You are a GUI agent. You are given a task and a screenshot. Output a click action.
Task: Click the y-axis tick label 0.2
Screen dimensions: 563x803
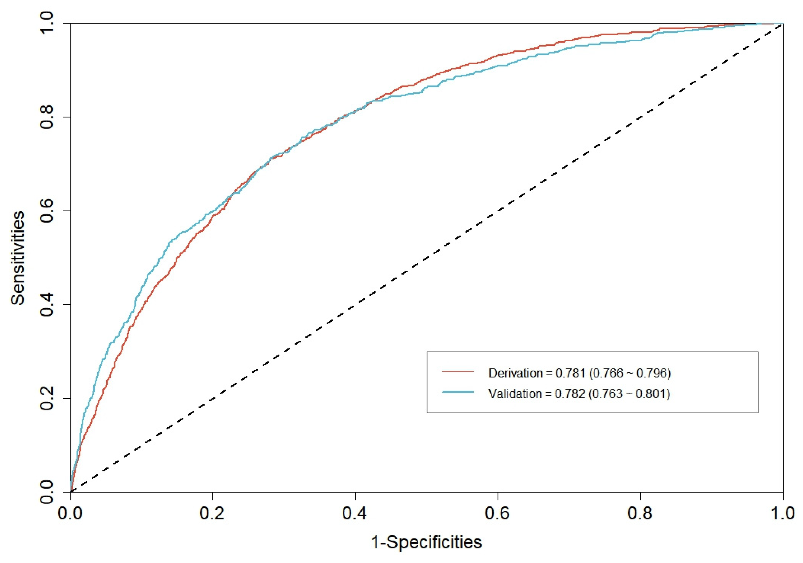47,398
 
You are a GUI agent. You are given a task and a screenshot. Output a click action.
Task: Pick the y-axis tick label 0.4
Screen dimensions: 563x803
47,305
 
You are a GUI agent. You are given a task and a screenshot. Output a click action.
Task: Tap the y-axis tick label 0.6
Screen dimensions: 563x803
47,211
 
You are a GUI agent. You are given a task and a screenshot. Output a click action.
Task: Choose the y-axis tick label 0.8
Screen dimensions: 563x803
47,117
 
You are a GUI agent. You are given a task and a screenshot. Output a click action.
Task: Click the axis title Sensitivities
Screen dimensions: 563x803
17,258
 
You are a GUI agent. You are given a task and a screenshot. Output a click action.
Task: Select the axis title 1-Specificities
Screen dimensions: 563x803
426,542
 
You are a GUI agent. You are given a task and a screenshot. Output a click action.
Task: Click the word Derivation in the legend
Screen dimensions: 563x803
515,373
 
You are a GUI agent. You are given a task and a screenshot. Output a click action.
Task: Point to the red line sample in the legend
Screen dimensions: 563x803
458,372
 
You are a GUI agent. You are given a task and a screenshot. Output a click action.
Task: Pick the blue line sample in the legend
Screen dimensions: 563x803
458,392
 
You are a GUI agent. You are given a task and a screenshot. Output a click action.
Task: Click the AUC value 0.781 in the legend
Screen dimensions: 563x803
570,373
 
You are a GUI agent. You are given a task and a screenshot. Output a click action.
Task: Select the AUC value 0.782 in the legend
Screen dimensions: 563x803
570,394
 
